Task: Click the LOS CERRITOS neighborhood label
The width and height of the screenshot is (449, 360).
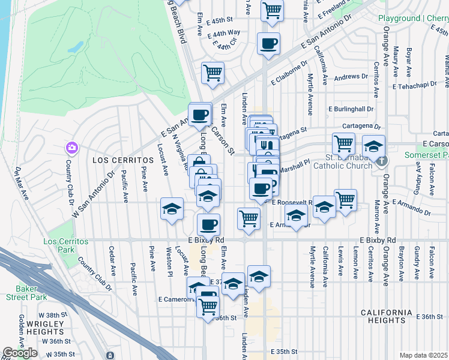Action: coord(116,161)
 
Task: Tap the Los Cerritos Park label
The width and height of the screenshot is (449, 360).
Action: coord(66,245)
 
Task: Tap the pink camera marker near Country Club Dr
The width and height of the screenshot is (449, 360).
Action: coord(71,147)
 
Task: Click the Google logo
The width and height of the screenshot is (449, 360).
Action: coord(20,353)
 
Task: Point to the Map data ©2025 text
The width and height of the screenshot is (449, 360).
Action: coord(423,355)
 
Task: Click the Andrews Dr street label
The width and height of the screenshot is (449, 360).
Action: coord(351,77)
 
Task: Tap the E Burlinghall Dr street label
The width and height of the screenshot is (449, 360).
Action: coord(351,109)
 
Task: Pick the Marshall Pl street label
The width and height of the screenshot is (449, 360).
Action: coord(294,170)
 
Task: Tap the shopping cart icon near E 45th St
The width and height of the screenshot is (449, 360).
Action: coord(273,10)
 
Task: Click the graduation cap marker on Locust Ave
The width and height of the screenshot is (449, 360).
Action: coord(172,209)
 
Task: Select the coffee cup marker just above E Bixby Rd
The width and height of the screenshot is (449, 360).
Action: coord(208,224)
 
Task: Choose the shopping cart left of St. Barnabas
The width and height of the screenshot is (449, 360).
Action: coord(343,143)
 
